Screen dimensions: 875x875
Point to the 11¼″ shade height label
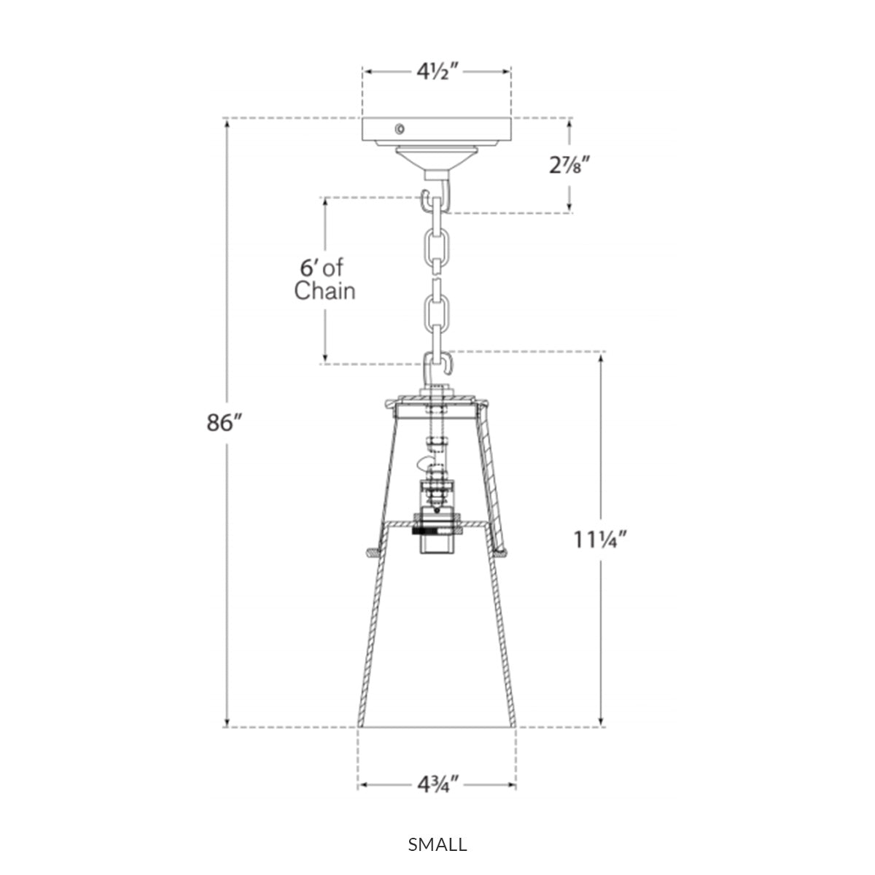(600, 540)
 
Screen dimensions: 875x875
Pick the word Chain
(324, 291)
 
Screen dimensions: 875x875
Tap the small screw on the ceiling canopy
(400, 129)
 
